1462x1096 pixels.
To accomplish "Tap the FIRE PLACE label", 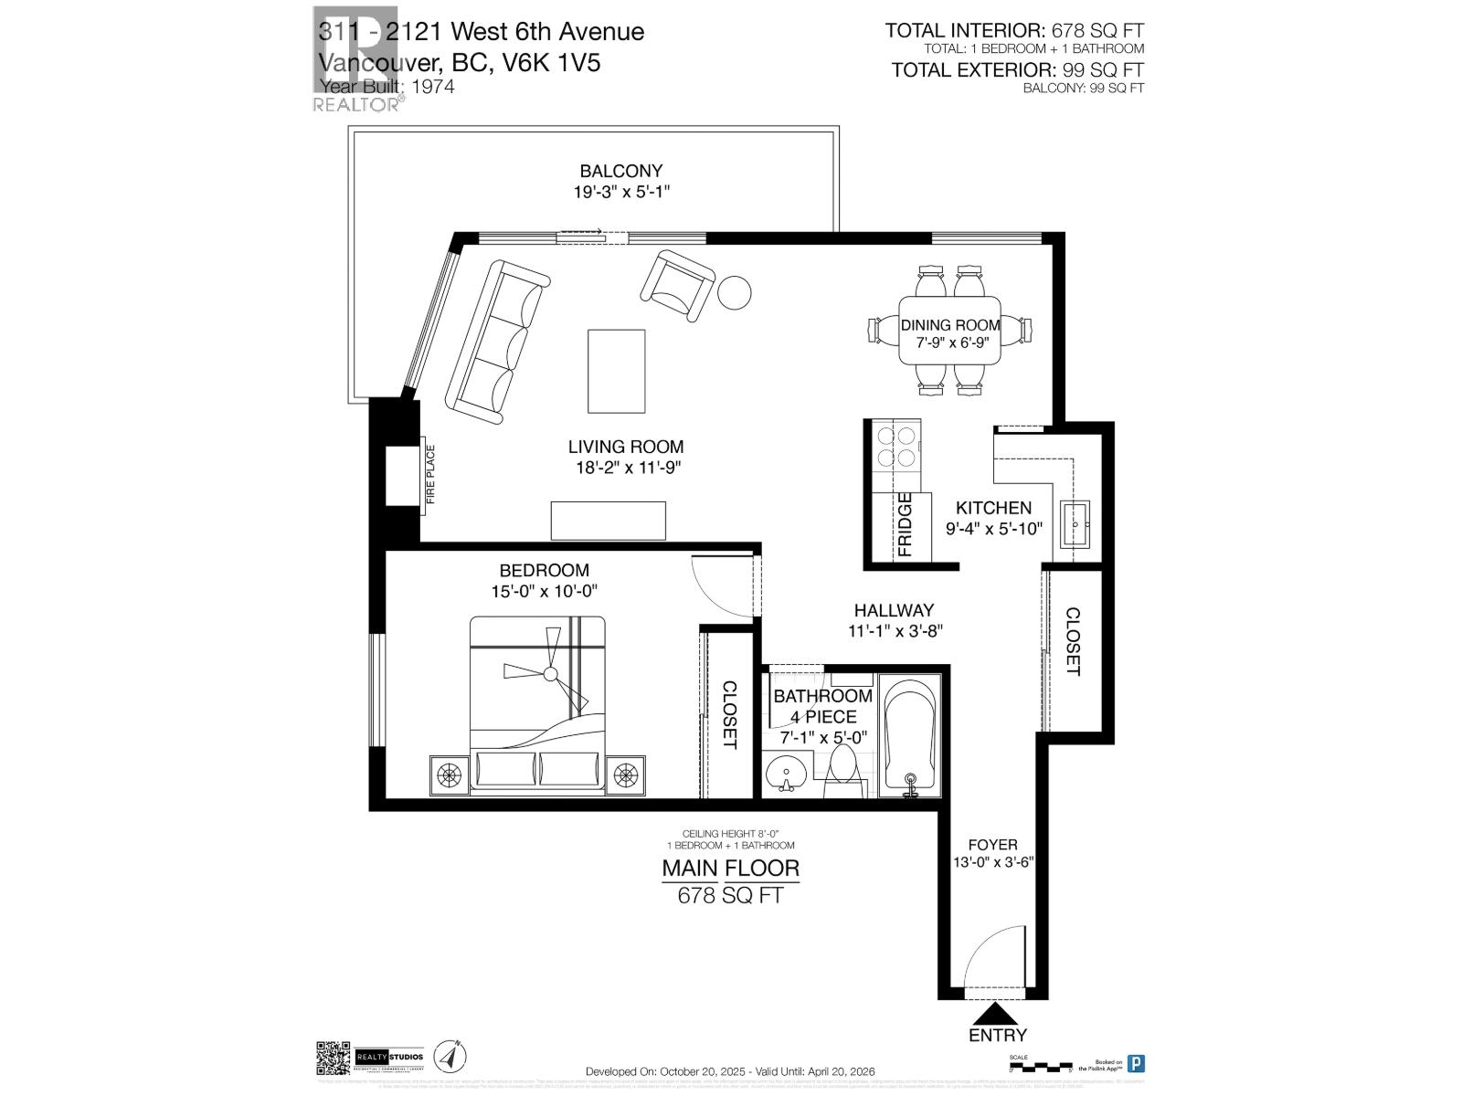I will [x=430, y=474].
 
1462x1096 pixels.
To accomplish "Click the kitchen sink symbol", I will [x=1079, y=524].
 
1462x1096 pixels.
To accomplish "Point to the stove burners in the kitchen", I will [x=895, y=448].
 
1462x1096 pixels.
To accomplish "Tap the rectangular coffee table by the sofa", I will [x=616, y=371].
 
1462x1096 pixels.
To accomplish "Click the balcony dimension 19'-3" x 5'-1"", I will [x=620, y=193].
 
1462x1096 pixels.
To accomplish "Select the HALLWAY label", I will [x=894, y=610].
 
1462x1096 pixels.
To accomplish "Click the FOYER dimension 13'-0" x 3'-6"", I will [x=991, y=861].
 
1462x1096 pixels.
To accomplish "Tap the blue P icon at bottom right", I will [x=1136, y=1063].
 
